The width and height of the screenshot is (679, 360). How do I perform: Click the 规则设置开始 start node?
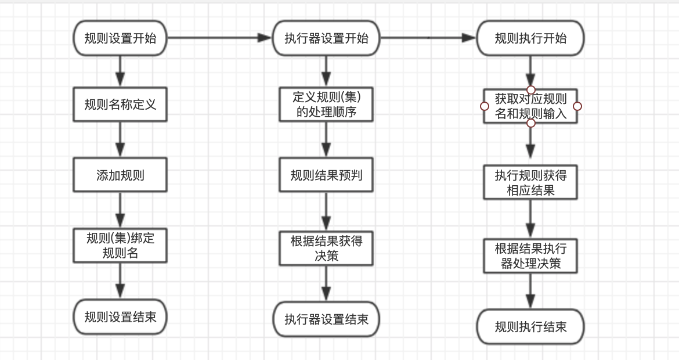coord(120,38)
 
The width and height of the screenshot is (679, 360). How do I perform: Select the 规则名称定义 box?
coord(120,105)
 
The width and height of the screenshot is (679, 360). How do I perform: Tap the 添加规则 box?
coord(120,175)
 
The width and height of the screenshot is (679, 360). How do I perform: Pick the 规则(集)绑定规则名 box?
coord(120,245)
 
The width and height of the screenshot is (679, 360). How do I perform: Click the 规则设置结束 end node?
coord(120,317)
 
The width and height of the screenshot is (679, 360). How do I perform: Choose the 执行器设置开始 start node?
coord(326,38)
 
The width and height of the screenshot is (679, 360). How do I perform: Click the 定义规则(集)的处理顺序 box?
coord(326,105)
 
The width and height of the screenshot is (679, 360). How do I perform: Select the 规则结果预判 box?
coord(326,175)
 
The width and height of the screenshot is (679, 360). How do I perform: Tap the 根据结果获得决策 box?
coord(326,248)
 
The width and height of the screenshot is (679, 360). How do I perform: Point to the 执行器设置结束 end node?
coord(326,319)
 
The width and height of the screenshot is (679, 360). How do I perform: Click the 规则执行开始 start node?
coord(530,38)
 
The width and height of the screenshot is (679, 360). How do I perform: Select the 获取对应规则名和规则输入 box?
coord(530,106)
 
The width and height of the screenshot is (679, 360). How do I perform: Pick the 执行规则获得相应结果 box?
coord(530,182)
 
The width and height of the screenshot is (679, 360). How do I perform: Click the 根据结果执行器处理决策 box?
coord(530,256)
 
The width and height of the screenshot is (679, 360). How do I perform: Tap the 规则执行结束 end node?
coord(530,326)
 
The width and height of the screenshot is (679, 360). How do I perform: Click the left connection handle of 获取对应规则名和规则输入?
coord(484,106)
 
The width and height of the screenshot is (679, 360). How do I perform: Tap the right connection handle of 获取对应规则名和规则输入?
coord(577,106)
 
